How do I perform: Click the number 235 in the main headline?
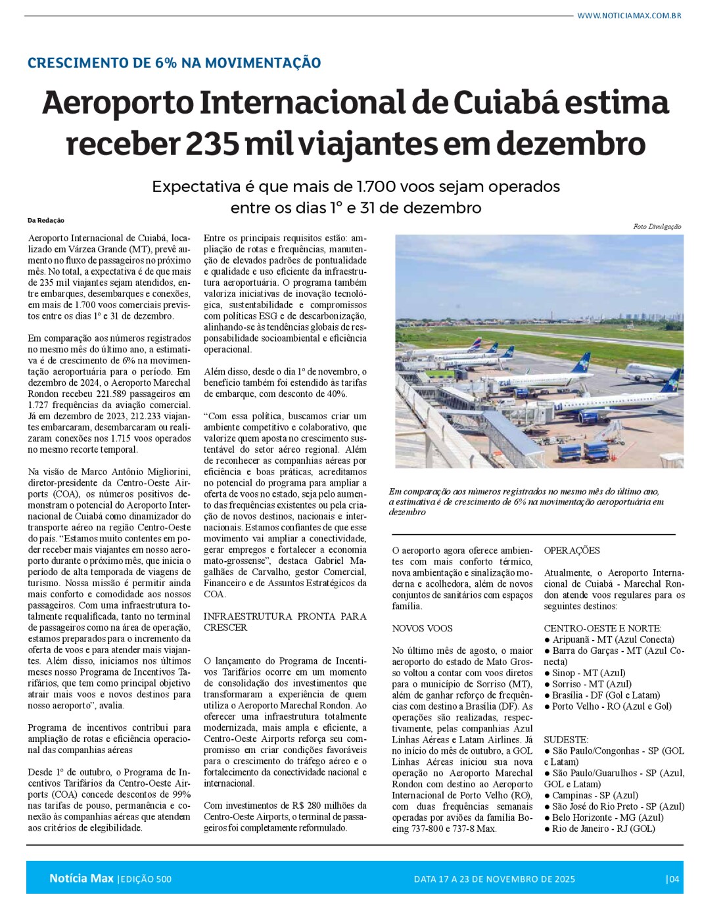coord(212,144)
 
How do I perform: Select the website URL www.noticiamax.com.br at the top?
coord(629,15)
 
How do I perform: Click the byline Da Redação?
coord(46,221)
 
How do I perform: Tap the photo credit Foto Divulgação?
coord(657,227)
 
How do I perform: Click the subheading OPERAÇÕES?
coord(572,551)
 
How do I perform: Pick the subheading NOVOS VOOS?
coord(422,628)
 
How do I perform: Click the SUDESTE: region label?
coord(566,739)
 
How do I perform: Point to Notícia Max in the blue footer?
coord(82,879)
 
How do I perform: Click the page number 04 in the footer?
coord(673,879)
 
